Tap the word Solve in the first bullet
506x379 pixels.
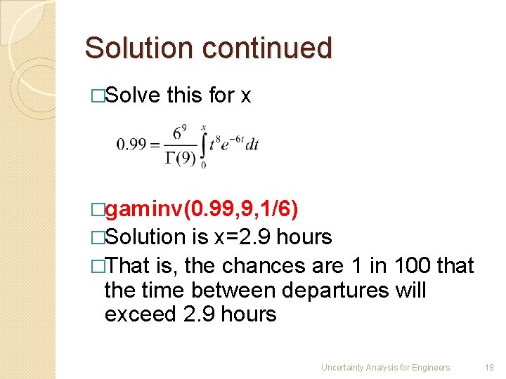point(133,95)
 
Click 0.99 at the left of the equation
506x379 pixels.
point(131,145)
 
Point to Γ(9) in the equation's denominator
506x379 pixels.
point(180,158)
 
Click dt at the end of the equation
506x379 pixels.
point(252,145)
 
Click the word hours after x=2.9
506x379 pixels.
point(304,237)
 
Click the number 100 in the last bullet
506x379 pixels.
point(409,266)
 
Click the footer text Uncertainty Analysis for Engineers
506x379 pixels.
point(385,367)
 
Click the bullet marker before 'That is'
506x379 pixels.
point(98,267)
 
